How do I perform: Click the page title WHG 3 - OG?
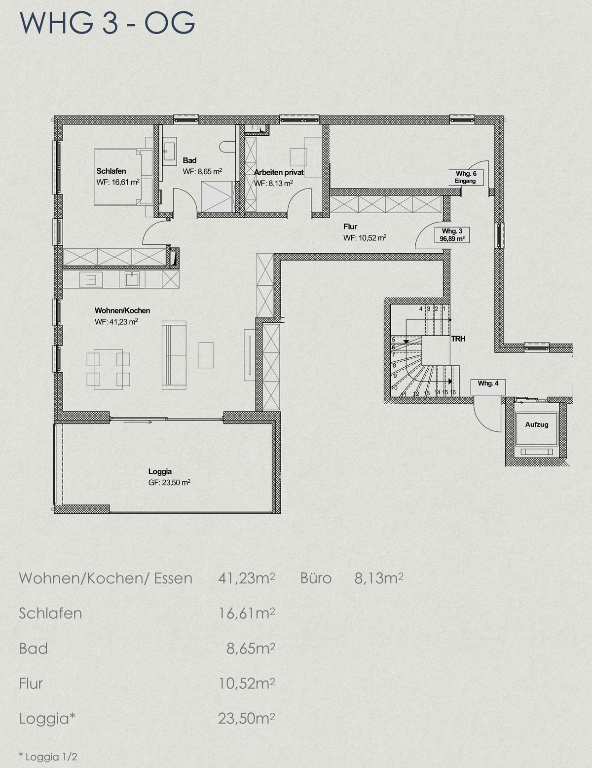point(107,23)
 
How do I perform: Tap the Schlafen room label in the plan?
point(111,171)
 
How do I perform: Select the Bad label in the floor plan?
point(189,160)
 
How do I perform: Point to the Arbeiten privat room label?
point(279,172)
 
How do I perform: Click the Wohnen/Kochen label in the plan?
point(122,310)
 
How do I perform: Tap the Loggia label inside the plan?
point(160,471)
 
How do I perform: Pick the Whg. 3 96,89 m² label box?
point(452,235)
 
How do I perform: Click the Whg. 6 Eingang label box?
point(466,177)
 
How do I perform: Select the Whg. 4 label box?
point(488,387)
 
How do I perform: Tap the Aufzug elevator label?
point(537,424)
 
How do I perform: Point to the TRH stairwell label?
point(458,339)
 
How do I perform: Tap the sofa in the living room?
point(174,355)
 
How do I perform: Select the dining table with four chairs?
point(109,369)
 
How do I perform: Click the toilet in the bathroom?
point(227,147)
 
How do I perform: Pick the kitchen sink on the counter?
point(132,279)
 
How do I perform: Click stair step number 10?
point(395,387)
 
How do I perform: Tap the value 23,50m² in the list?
point(247,719)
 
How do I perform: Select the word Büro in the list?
point(316,578)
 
